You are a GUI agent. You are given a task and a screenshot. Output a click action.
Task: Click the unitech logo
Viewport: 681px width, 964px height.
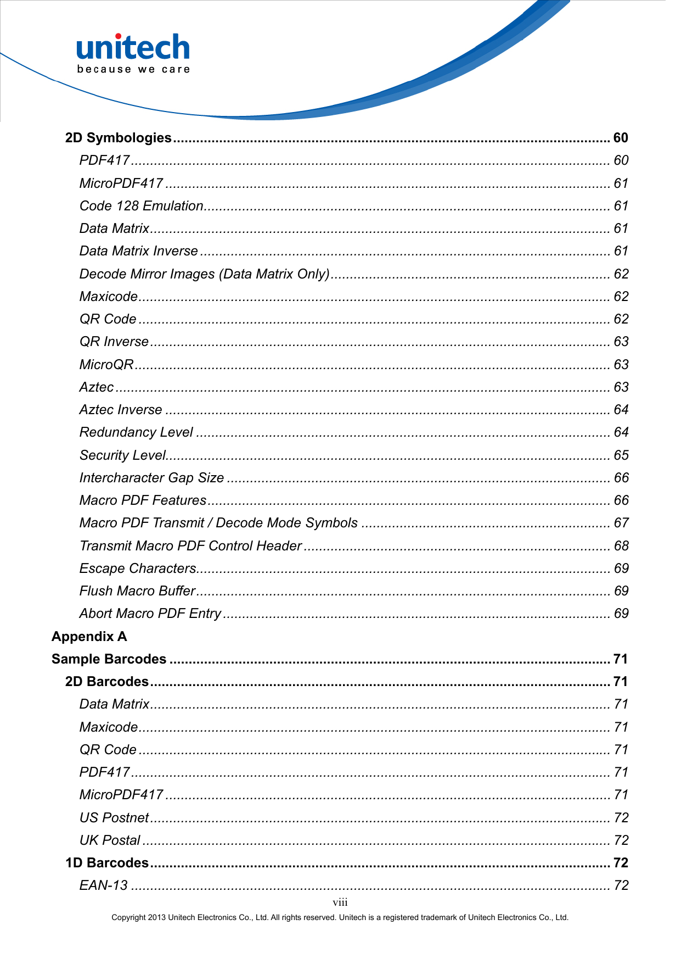click(x=133, y=48)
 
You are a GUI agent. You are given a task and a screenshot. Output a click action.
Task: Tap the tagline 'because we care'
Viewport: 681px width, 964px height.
click(x=133, y=70)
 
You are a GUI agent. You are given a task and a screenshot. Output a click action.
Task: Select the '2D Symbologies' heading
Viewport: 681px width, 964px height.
click(x=119, y=138)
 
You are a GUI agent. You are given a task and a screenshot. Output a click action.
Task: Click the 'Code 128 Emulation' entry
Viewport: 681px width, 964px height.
click(x=142, y=206)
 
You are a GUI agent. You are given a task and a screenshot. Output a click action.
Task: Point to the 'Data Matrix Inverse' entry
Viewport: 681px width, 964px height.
click(x=139, y=251)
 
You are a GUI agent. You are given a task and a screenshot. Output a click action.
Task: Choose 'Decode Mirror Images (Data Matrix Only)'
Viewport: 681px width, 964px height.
click(x=205, y=274)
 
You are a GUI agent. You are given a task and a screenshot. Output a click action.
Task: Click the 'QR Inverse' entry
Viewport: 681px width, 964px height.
click(x=114, y=342)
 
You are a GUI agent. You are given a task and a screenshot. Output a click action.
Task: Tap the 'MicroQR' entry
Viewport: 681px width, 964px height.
click(x=106, y=365)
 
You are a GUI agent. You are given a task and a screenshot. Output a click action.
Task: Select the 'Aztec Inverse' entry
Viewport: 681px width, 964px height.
click(x=121, y=410)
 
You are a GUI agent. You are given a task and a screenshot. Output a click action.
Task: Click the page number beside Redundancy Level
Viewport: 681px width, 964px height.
click(x=621, y=432)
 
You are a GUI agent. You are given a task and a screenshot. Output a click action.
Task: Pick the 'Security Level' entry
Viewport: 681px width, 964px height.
click(x=123, y=455)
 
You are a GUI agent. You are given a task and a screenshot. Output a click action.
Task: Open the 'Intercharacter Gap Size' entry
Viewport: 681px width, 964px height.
click(x=152, y=478)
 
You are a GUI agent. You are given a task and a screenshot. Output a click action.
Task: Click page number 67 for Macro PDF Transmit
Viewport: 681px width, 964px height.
click(x=621, y=523)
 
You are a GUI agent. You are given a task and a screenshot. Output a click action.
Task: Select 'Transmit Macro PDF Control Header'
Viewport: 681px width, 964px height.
click(x=191, y=546)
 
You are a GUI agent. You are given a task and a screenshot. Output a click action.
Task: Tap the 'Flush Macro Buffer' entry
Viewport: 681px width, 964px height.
click(x=138, y=591)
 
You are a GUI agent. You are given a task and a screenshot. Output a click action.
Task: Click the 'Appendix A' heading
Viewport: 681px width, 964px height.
click(x=89, y=637)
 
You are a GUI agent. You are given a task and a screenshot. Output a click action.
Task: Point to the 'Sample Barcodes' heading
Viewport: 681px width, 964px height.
click(x=109, y=659)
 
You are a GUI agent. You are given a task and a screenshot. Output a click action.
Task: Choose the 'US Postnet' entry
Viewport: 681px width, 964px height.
click(x=114, y=818)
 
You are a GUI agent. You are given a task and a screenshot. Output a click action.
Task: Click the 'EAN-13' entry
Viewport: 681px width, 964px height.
click(x=104, y=885)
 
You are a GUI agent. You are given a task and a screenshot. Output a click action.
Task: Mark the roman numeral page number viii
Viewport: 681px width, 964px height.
click(x=340, y=902)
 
